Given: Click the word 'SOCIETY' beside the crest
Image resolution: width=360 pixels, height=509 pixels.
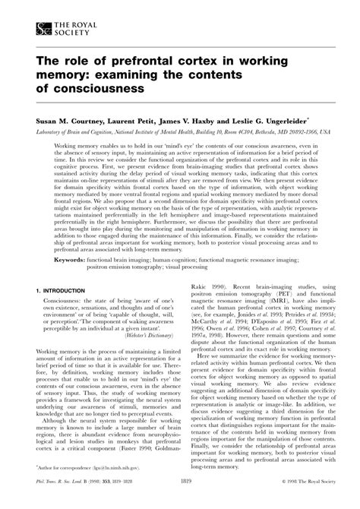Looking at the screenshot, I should pyautogui.click(x=71, y=33).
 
